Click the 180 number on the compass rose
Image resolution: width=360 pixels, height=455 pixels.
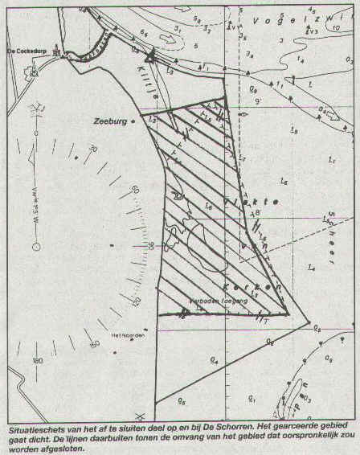(38, 361)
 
